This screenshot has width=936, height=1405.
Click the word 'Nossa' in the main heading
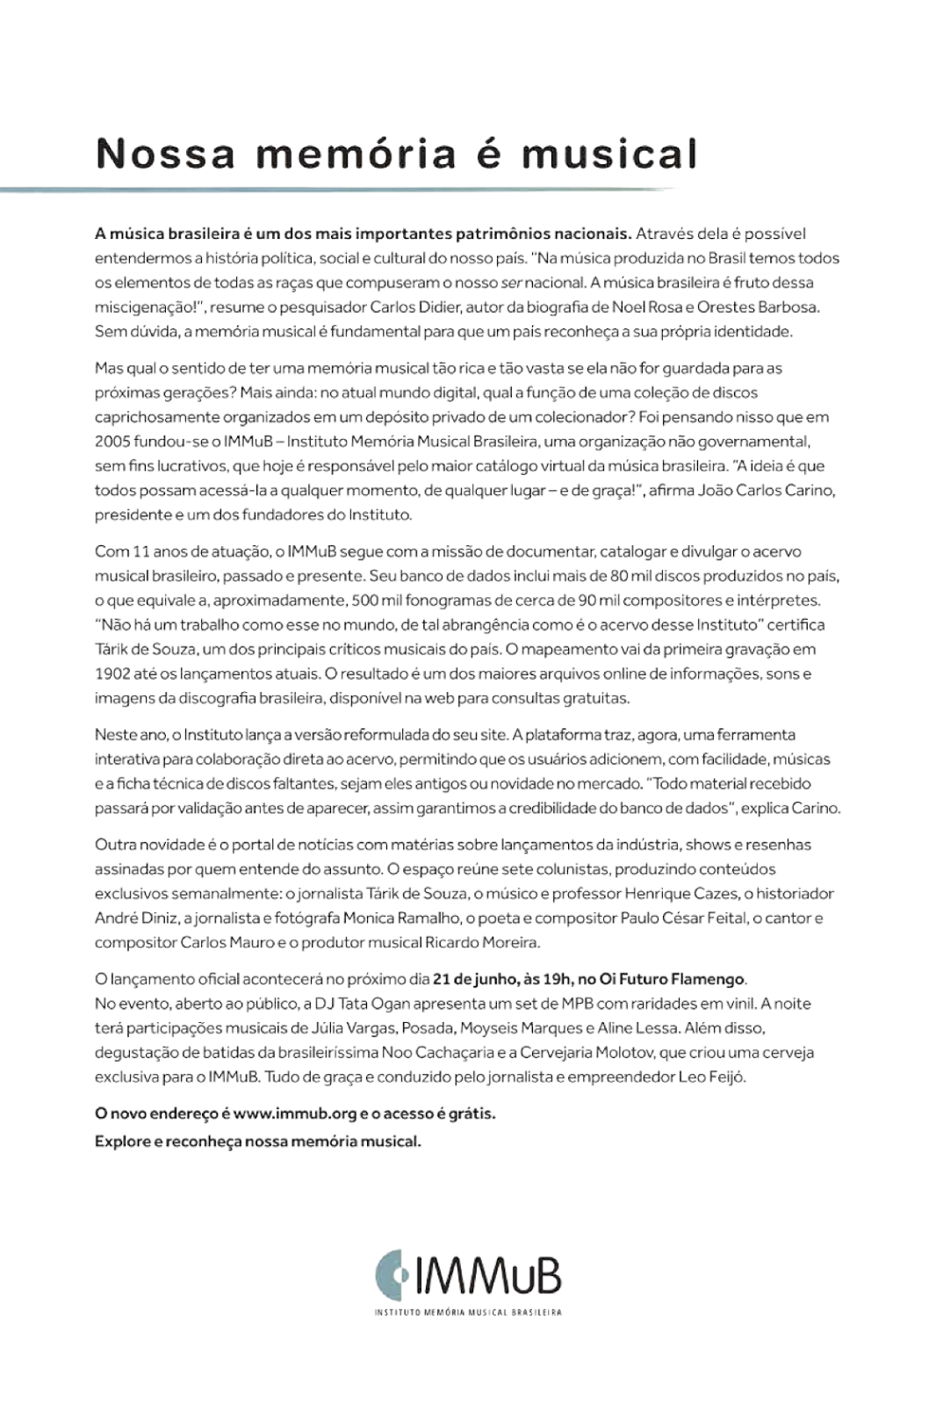click(x=166, y=154)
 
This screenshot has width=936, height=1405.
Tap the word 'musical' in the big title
click(x=609, y=154)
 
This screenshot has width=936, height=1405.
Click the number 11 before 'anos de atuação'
click(x=140, y=551)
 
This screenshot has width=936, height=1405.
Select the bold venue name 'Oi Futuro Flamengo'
click(x=673, y=978)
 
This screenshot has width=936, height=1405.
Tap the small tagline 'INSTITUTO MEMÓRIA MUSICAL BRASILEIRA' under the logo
click(x=468, y=1313)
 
